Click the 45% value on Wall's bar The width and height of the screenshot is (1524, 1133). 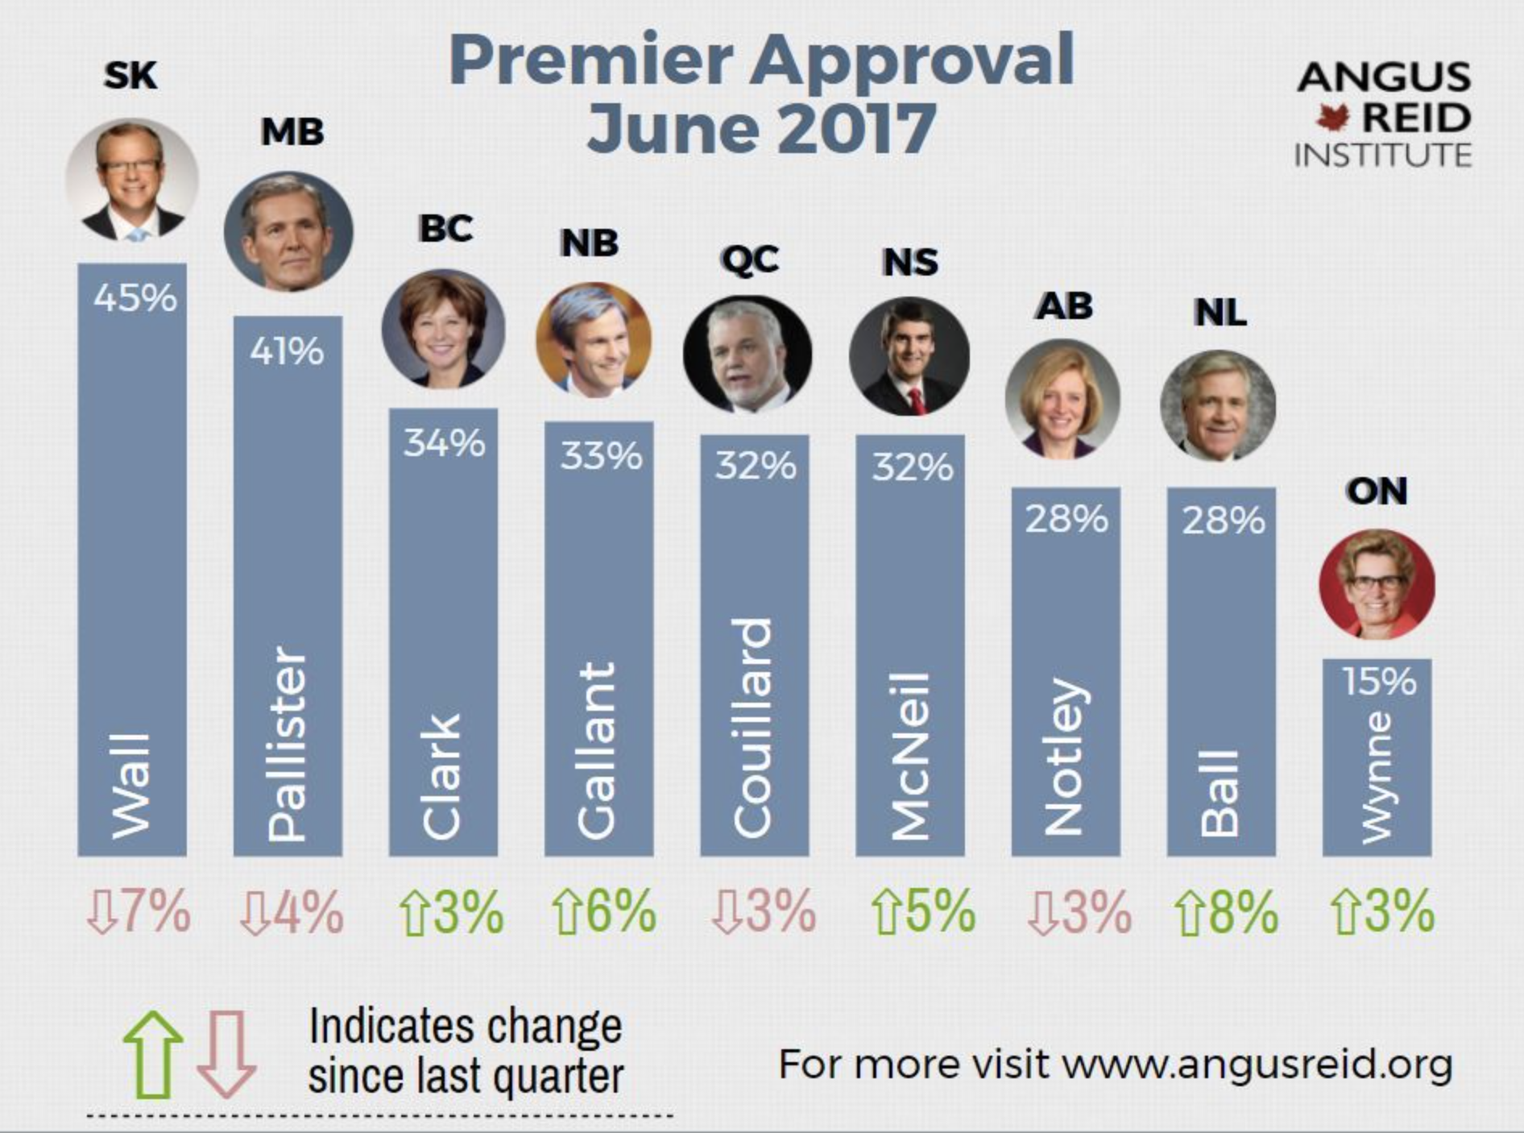pyautogui.click(x=135, y=298)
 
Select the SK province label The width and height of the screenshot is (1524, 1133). pyautogui.click(x=130, y=76)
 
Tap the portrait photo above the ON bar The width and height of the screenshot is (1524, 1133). pyautogui.click(x=1377, y=584)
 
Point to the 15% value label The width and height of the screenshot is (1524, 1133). pyautogui.click(x=1378, y=682)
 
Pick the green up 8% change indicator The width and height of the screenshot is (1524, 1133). pyautogui.click(x=1226, y=912)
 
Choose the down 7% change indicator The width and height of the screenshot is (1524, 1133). pyautogui.click(x=139, y=912)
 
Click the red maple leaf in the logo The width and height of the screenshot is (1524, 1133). pyautogui.click(x=1332, y=118)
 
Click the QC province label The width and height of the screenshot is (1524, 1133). pyautogui.click(x=750, y=259)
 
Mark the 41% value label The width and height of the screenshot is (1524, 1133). pyautogui.click(x=287, y=351)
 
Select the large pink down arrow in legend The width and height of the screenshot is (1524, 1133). pyautogui.click(x=226, y=1054)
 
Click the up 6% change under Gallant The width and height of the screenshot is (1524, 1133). pyautogui.click(x=604, y=912)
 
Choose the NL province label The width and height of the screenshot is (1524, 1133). pyautogui.click(x=1220, y=312)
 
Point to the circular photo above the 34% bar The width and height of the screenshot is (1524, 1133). pyautogui.click(x=443, y=329)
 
